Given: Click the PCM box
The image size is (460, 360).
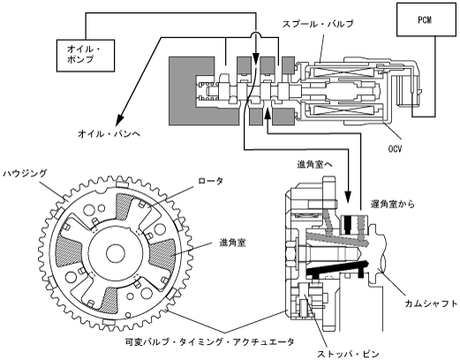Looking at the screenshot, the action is coord(426,19).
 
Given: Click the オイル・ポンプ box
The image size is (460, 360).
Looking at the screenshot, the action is coord(86,56).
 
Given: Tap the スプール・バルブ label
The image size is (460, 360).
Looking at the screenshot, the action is coord(318,24).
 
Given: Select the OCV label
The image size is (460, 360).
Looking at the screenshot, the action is coord(395,149).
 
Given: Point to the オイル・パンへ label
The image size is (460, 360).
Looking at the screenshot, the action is coord(109,134).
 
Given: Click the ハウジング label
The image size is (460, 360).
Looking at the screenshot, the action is coord(25,174).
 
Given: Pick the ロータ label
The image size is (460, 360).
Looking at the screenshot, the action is coord(210,181).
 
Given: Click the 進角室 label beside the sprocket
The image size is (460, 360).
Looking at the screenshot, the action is coord(232,243).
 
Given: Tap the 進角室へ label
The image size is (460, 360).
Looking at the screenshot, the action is coord(315,165).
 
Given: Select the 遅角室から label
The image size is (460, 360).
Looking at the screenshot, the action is coord(393,204).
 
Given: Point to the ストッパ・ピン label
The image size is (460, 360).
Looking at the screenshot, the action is coord(348,354).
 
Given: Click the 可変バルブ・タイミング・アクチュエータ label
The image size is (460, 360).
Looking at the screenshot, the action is coord(209,342).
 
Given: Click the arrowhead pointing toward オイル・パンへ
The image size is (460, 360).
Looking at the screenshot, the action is coord(120,120).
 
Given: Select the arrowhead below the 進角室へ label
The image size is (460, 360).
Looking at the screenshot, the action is coord(348,198).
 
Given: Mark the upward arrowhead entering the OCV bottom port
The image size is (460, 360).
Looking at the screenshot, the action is coord(268,114).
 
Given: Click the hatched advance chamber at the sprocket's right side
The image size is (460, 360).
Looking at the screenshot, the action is coord(164,253).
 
